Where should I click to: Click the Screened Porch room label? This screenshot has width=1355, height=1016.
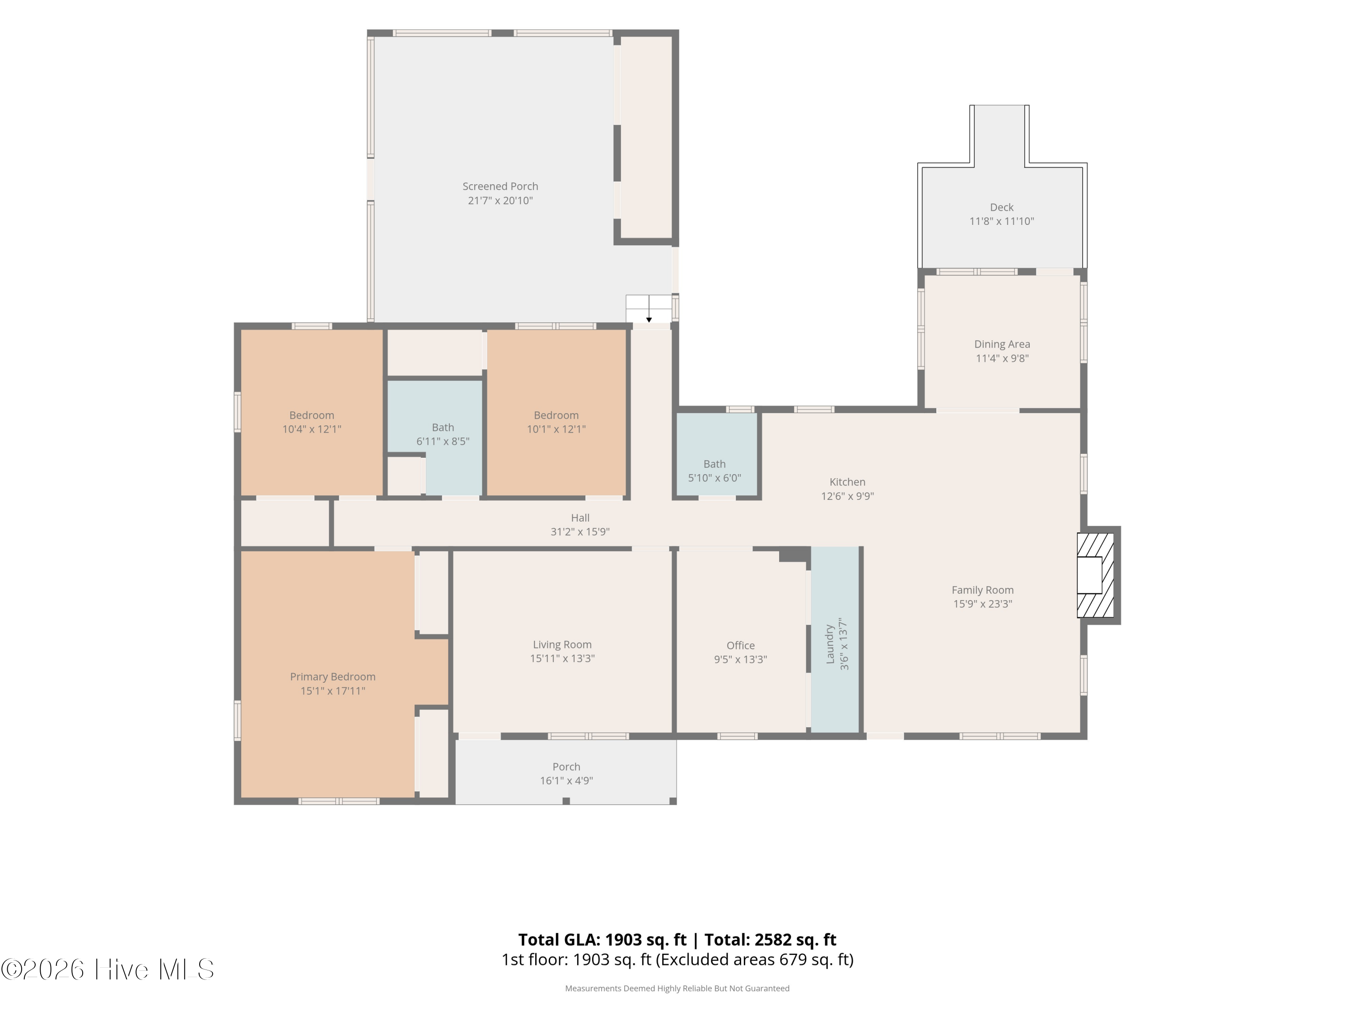click(x=500, y=186)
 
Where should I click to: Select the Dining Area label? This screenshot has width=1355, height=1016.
click(x=1002, y=344)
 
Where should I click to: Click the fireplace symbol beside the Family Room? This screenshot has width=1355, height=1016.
click(x=1095, y=575)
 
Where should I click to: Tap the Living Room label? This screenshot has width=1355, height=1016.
click(x=562, y=644)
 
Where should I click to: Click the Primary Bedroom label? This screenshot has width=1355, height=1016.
click(x=332, y=677)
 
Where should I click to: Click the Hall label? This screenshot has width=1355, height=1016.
click(x=580, y=518)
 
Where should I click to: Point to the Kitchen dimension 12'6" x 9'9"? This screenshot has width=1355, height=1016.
click(x=847, y=496)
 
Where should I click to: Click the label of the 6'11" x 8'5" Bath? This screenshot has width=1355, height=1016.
click(x=443, y=428)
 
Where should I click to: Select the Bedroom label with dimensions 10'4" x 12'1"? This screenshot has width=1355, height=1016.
click(x=312, y=415)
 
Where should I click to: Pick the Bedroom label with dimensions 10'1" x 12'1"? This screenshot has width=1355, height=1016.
click(x=556, y=415)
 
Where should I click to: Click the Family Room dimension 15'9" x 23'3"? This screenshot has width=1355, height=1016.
click(x=982, y=604)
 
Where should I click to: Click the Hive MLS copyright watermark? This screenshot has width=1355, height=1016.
click(x=108, y=969)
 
